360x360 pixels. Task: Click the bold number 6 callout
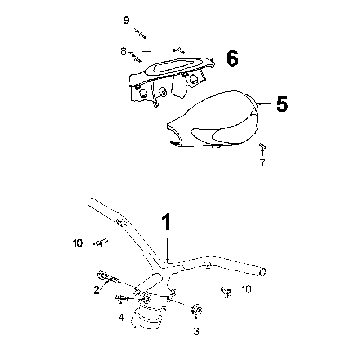(232, 59)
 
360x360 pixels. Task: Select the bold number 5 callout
(282, 104)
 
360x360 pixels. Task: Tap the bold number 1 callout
(167, 222)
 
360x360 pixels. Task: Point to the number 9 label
(126, 21)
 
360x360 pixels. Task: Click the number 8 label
(123, 52)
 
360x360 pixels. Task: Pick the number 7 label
(262, 163)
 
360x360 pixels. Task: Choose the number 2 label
(96, 290)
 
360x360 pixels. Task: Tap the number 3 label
(196, 331)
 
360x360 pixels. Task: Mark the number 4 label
(121, 317)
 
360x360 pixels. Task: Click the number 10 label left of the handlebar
(78, 243)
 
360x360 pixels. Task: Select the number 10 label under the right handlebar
(246, 289)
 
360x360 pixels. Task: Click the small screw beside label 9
(140, 33)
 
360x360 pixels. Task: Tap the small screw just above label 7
(262, 148)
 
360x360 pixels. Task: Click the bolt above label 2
(108, 277)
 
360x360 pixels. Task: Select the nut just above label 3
(197, 310)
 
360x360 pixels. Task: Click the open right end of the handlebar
(263, 272)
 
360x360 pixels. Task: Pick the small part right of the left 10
(100, 243)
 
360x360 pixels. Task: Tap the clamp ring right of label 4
(149, 317)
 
